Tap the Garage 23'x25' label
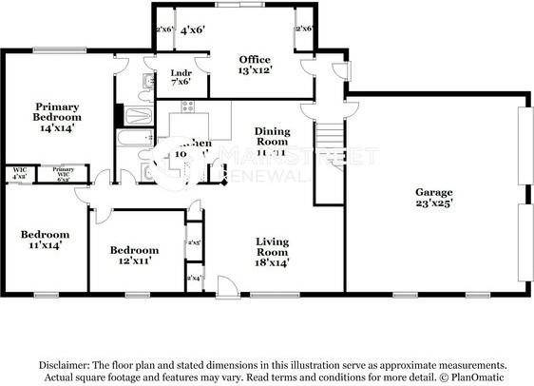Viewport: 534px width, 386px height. point(433,197)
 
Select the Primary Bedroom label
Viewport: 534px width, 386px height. point(56,116)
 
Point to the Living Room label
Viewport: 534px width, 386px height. point(272,252)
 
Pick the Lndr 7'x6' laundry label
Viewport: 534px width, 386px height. point(181,77)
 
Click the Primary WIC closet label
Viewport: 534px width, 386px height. point(64,173)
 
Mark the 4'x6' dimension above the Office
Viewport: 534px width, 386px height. point(193,30)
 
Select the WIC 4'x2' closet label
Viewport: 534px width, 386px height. point(20,173)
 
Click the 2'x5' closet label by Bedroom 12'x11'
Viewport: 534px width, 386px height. point(194,242)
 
